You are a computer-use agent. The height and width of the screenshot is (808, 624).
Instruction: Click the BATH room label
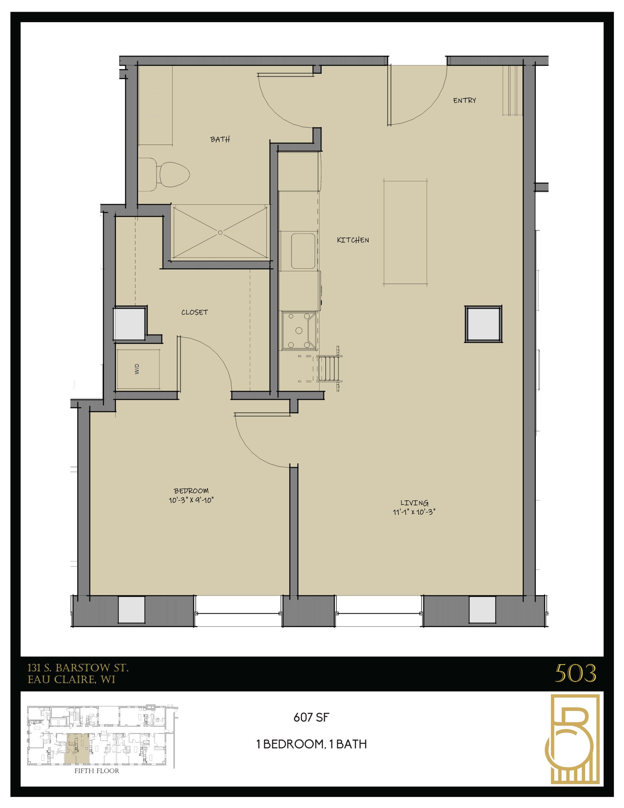tap(220, 139)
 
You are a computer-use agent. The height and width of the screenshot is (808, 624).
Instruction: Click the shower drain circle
tap(220, 233)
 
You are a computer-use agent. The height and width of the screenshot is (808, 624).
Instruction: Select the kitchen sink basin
tap(303, 251)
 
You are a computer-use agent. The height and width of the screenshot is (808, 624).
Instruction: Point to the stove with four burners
tap(298, 330)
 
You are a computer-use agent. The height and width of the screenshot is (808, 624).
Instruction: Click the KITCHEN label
tap(353, 240)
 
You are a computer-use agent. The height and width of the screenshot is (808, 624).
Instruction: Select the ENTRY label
tap(464, 100)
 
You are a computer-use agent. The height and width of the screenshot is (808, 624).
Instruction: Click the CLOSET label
tap(195, 312)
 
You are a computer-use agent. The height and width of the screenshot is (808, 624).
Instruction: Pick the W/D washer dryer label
tap(137, 369)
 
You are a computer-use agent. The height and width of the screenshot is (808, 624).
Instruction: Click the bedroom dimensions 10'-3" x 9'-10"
tap(191, 500)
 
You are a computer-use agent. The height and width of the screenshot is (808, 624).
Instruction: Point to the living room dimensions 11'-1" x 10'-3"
tap(414, 512)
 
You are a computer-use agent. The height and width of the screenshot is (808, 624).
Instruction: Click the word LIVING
tap(414, 503)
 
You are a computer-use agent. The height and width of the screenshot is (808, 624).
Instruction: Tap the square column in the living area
tap(483, 324)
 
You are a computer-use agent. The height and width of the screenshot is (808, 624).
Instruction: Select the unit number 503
tap(575, 673)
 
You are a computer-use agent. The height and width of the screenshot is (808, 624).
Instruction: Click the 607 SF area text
tap(311, 718)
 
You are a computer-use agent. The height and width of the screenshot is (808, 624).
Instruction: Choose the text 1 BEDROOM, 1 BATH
tap(311, 744)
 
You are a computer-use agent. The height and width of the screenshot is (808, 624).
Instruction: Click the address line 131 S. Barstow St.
tap(78, 668)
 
